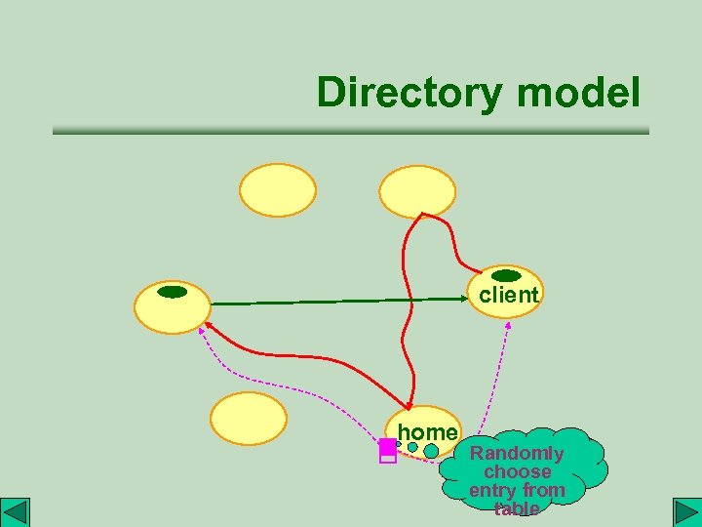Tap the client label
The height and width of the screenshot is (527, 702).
coord(508,295)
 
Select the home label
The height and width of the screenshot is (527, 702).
coord(427,432)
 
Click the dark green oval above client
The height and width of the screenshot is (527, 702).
coord(506,275)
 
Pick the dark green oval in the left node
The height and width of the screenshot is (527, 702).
coord(172,292)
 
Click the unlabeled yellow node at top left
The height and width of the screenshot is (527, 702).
coord(279,189)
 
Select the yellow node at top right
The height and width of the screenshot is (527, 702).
coord(417,190)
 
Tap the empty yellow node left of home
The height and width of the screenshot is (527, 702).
coord(250,419)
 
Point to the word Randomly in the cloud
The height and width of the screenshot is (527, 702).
coord(517,454)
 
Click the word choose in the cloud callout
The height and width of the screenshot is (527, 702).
coord(518,472)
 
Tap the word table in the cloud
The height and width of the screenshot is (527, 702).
coord(517,509)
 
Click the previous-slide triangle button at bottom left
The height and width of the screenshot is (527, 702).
coord(16,512)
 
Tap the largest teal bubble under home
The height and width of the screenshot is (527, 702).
coord(431,452)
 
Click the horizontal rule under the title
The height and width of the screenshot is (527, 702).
coord(350,131)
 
